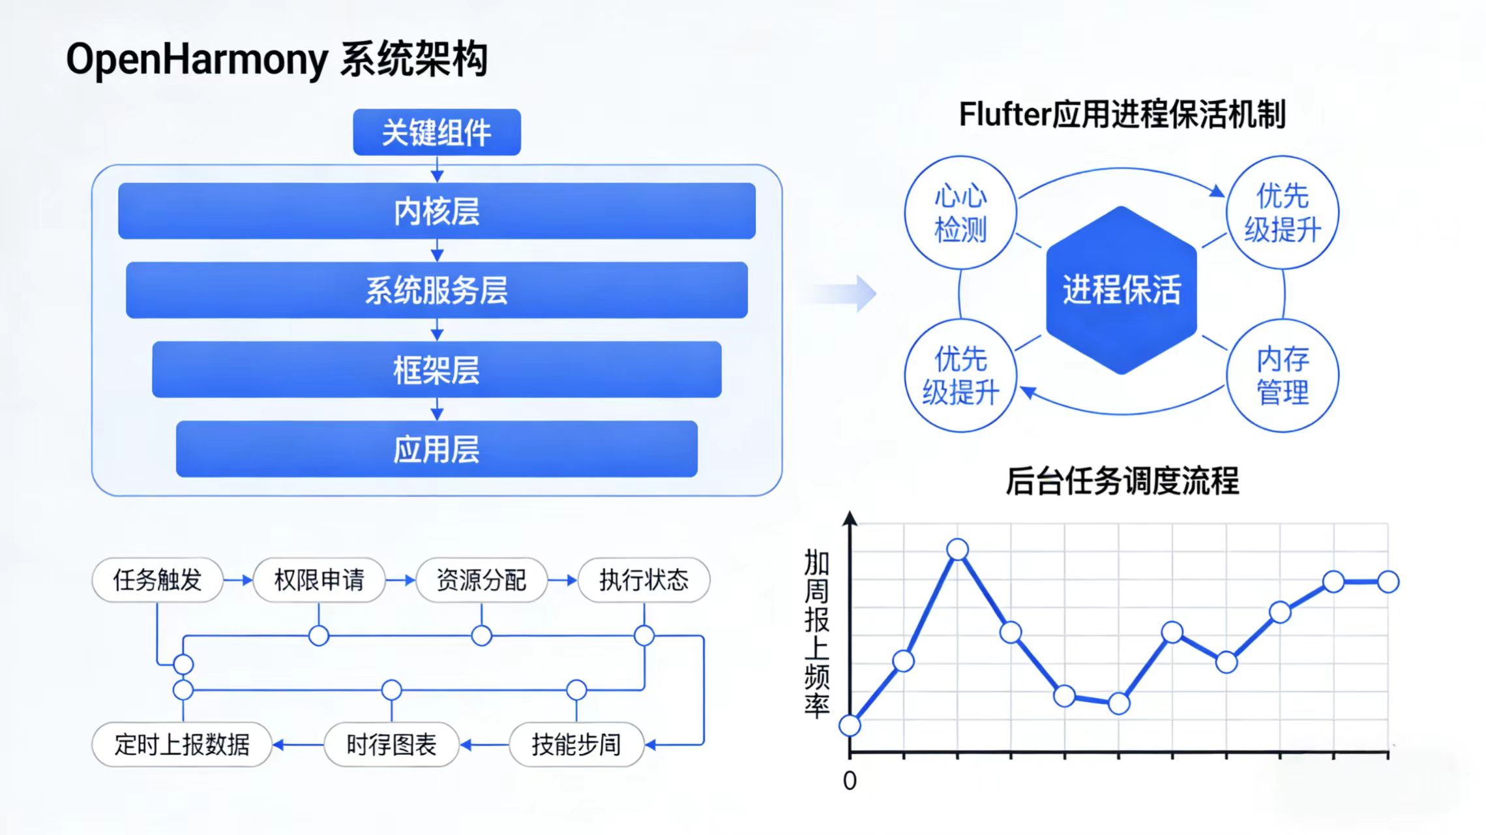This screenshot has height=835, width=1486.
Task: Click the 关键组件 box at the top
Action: (436, 132)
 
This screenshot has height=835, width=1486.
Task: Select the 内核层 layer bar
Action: (436, 211)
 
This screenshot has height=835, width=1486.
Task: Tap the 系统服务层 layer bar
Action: (436, 290)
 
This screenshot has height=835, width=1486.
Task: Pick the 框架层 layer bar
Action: (436, 370)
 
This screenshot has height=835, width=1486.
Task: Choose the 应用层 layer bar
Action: (436, 449)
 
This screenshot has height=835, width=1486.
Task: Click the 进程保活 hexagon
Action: (1121, 290)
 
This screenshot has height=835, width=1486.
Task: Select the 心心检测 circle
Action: (960, 213)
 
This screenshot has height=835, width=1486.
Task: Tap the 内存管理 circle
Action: (1282, 376)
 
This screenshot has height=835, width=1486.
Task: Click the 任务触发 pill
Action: (157, 579)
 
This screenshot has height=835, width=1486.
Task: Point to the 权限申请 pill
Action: (319, 579)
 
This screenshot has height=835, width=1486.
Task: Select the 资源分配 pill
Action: (481, 579)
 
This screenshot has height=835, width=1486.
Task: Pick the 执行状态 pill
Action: (644, 579)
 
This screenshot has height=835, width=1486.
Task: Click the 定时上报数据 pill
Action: (182, 744)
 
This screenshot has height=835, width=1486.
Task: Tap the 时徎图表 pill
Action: (391, 744)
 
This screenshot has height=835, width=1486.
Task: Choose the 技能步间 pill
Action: (576, 744)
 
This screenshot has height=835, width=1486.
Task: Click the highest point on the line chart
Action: (957, 550)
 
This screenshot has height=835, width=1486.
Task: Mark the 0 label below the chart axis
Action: (850, 781)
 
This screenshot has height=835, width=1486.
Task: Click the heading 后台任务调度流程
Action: (1122, 481)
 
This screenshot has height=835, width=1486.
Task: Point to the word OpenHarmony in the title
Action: (196, 59)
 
